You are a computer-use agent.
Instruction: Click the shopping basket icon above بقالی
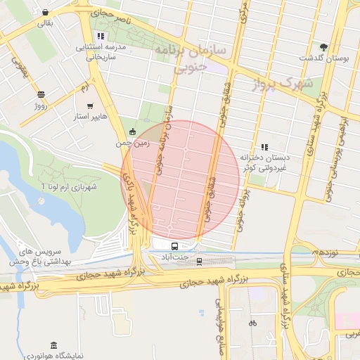(x=46, y=13)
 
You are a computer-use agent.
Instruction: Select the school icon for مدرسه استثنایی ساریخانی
(x=101, y=36)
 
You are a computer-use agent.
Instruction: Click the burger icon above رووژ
(x=41, y=94)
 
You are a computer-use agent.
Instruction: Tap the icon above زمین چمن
(x=133, y=131)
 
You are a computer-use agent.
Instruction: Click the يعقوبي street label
(x=17, y=65)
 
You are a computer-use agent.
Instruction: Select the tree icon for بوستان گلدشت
(x=323, y=46)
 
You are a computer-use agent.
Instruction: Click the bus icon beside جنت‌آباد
(x=174, y=246)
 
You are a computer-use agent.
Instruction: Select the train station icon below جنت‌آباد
(x=199, y=262)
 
